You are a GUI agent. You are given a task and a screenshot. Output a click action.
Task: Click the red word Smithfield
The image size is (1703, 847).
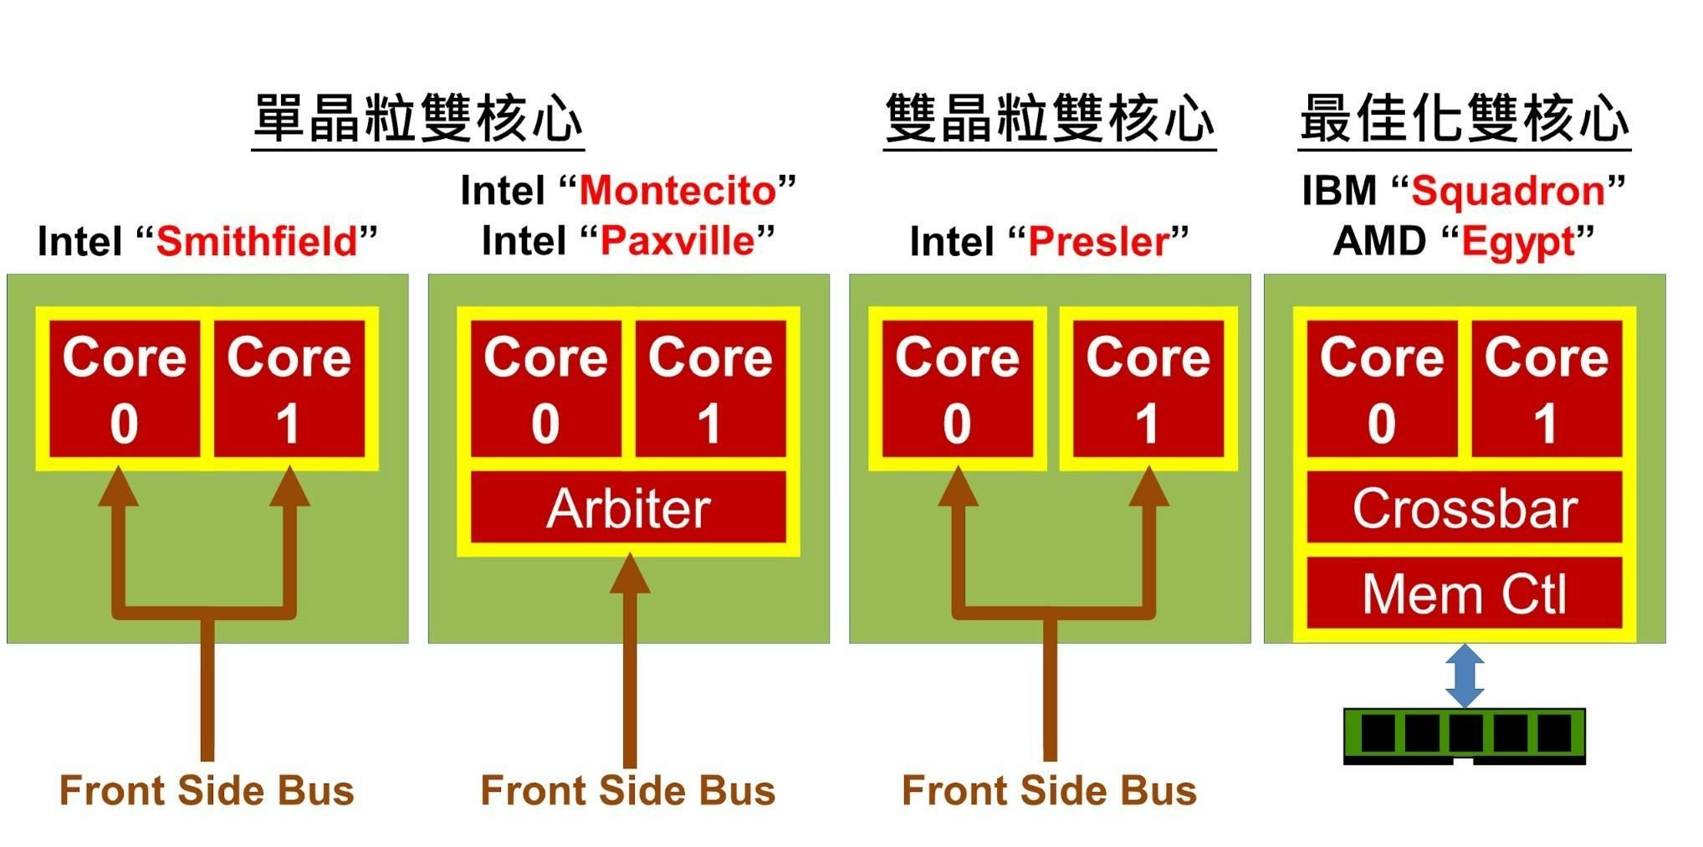[257, 242]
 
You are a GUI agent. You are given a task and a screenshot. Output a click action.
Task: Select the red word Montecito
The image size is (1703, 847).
[678, 191]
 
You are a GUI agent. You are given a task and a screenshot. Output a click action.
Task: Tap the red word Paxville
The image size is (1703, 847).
[678, 242]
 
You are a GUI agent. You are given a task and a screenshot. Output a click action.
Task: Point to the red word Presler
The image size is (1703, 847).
[1098, 242]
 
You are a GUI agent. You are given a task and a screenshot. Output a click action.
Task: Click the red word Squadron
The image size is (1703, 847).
[1508, 192]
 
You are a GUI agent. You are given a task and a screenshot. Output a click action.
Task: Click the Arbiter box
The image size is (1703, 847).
[628, 507]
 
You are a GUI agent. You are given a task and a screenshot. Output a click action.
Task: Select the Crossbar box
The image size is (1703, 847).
[1465, 507]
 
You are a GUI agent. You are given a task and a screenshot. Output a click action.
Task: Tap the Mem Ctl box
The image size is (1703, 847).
[1465, 593]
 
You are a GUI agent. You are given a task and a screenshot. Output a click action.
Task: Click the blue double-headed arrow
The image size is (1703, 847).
[1465, 675]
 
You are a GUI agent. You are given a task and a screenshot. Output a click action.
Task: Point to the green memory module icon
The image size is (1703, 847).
[1465, 736]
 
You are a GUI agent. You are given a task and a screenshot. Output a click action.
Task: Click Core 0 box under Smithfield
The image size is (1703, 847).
[125, 389]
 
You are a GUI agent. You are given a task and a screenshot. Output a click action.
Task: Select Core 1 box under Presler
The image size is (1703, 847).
[1148, 389]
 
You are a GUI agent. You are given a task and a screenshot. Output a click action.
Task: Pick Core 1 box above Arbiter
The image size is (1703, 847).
[710, 389]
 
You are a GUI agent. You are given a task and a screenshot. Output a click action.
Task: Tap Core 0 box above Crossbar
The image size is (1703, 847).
[1382, 389]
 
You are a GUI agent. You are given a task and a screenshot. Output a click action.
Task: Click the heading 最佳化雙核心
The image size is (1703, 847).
[1465, 118]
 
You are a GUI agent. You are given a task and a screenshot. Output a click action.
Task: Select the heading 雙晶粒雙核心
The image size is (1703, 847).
[1050, 118]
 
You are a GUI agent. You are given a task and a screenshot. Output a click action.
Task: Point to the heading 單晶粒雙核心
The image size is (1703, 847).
[417, 118]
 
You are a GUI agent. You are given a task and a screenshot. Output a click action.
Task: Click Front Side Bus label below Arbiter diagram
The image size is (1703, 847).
[628, 791]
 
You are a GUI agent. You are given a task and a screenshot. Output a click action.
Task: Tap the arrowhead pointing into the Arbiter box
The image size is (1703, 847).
[629, 573]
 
